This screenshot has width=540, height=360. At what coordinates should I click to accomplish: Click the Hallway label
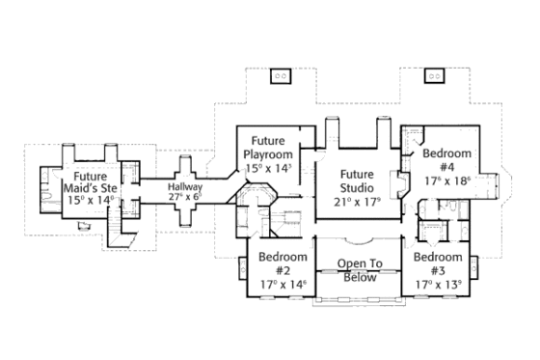pyautogui.click(x=183, y=186)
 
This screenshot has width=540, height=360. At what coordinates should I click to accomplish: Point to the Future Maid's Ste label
pyautogui.click(x=92, y=183)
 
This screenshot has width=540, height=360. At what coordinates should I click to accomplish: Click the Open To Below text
pyautogui.click(x=359, y=269)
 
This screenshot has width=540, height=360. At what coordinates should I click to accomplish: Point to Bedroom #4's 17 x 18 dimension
pyautogui.click(x=446, y=180)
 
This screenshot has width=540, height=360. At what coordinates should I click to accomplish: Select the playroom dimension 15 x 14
pyautogui.click(x=267, y=168)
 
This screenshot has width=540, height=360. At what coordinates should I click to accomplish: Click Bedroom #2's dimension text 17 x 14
pyautogui.click(x=282, y=284)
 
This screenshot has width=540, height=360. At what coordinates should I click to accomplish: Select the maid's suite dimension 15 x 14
pyautogui.click(x=92, y=199)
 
